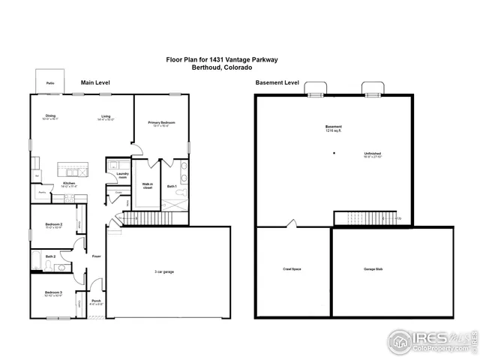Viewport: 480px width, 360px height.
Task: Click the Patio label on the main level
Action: coord(49,82)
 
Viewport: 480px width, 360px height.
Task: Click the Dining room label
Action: coord(50,115)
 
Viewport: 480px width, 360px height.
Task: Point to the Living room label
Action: coord(106,115)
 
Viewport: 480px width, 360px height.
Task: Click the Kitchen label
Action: coord(68,183)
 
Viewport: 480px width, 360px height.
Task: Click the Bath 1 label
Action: coord(172,185)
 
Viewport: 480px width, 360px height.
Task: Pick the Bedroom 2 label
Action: coord(52,224)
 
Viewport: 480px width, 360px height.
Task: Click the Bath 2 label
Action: coord(50,256)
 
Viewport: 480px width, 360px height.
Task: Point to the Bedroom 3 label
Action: coord(52,292)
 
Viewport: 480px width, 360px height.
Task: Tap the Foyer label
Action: coord(97,256)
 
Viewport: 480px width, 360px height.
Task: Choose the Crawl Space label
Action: coord(292,268)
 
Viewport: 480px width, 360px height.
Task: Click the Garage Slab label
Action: coord(374,268)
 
